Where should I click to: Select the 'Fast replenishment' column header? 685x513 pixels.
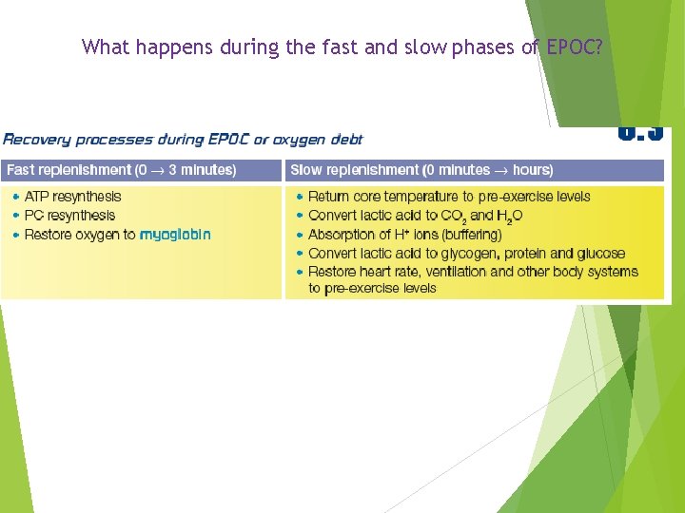121,170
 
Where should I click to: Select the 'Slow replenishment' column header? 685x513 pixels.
421,170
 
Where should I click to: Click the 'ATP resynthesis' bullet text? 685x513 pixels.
73,197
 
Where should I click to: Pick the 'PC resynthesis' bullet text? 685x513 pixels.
69,216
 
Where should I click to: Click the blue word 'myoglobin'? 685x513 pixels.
175,235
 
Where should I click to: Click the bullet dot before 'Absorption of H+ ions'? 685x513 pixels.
300,235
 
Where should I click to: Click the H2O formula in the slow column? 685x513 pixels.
509,217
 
